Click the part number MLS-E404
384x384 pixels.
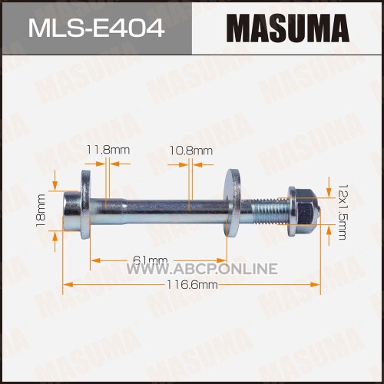[x=96, y=28]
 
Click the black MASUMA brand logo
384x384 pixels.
[x=288, y=28]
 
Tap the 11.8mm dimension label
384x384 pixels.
[x=108, y=150]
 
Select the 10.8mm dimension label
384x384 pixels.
[x=191, y=151]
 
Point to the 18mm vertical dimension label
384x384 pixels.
[x=41, y=210]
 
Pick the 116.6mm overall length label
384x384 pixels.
[x=192, y=284]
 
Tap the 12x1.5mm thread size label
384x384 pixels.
[x=343, y=212]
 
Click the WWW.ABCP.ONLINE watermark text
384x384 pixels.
[x=203, y=269]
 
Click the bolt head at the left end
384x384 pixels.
[x=71, y=211]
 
